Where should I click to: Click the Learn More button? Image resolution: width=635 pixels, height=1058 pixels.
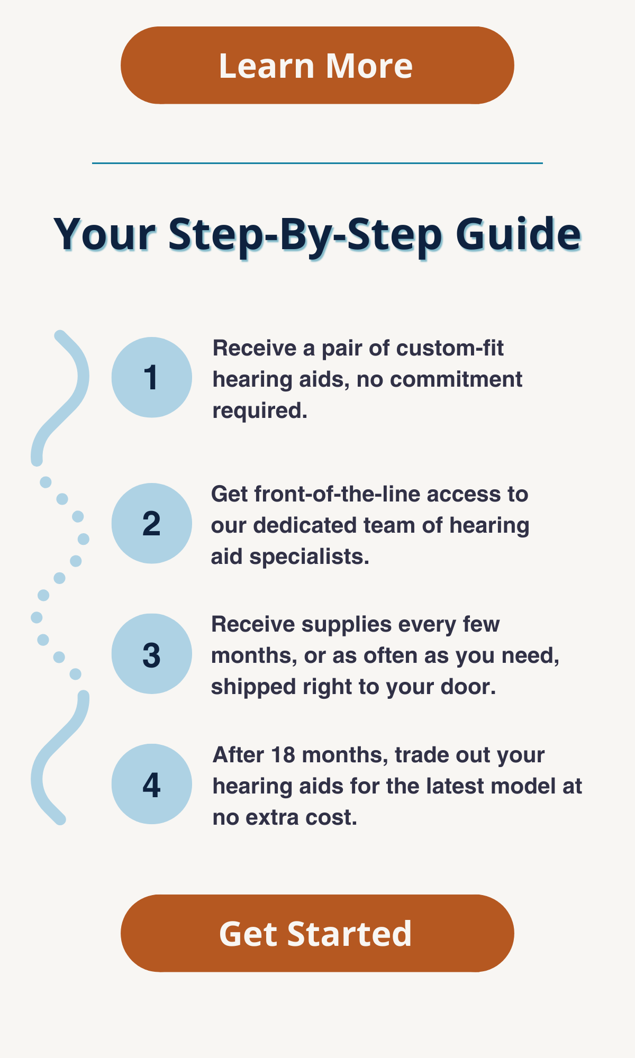pyautogui.click(x=317, y=65)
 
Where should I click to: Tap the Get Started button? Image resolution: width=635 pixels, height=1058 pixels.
pyautogui.click(x=317, y=933)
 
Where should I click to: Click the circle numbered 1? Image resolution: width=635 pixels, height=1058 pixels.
pyautogui.click(x=152, y=377)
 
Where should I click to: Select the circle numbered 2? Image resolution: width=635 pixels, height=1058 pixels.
pyautogui.click(x=152, y=523)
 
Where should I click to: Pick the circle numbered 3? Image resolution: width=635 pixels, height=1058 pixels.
pyautogui.click(x=152, y=654)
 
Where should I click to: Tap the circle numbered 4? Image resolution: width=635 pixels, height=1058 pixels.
pyautogui.click(x=152, y=784)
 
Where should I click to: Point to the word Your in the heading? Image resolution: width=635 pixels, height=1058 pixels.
pyautogui.click(x=105, y=234)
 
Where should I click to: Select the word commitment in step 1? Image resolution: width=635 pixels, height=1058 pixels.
pyautogui.click(x=456, y=379)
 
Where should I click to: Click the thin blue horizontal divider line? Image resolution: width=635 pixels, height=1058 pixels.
pyautogui.click(x=317, y=163)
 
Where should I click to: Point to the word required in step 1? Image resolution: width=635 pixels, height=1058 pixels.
pyautogui.click(x=260, y=411)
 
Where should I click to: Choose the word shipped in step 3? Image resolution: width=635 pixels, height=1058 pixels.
pyautogui.click(x=253, y=687)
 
